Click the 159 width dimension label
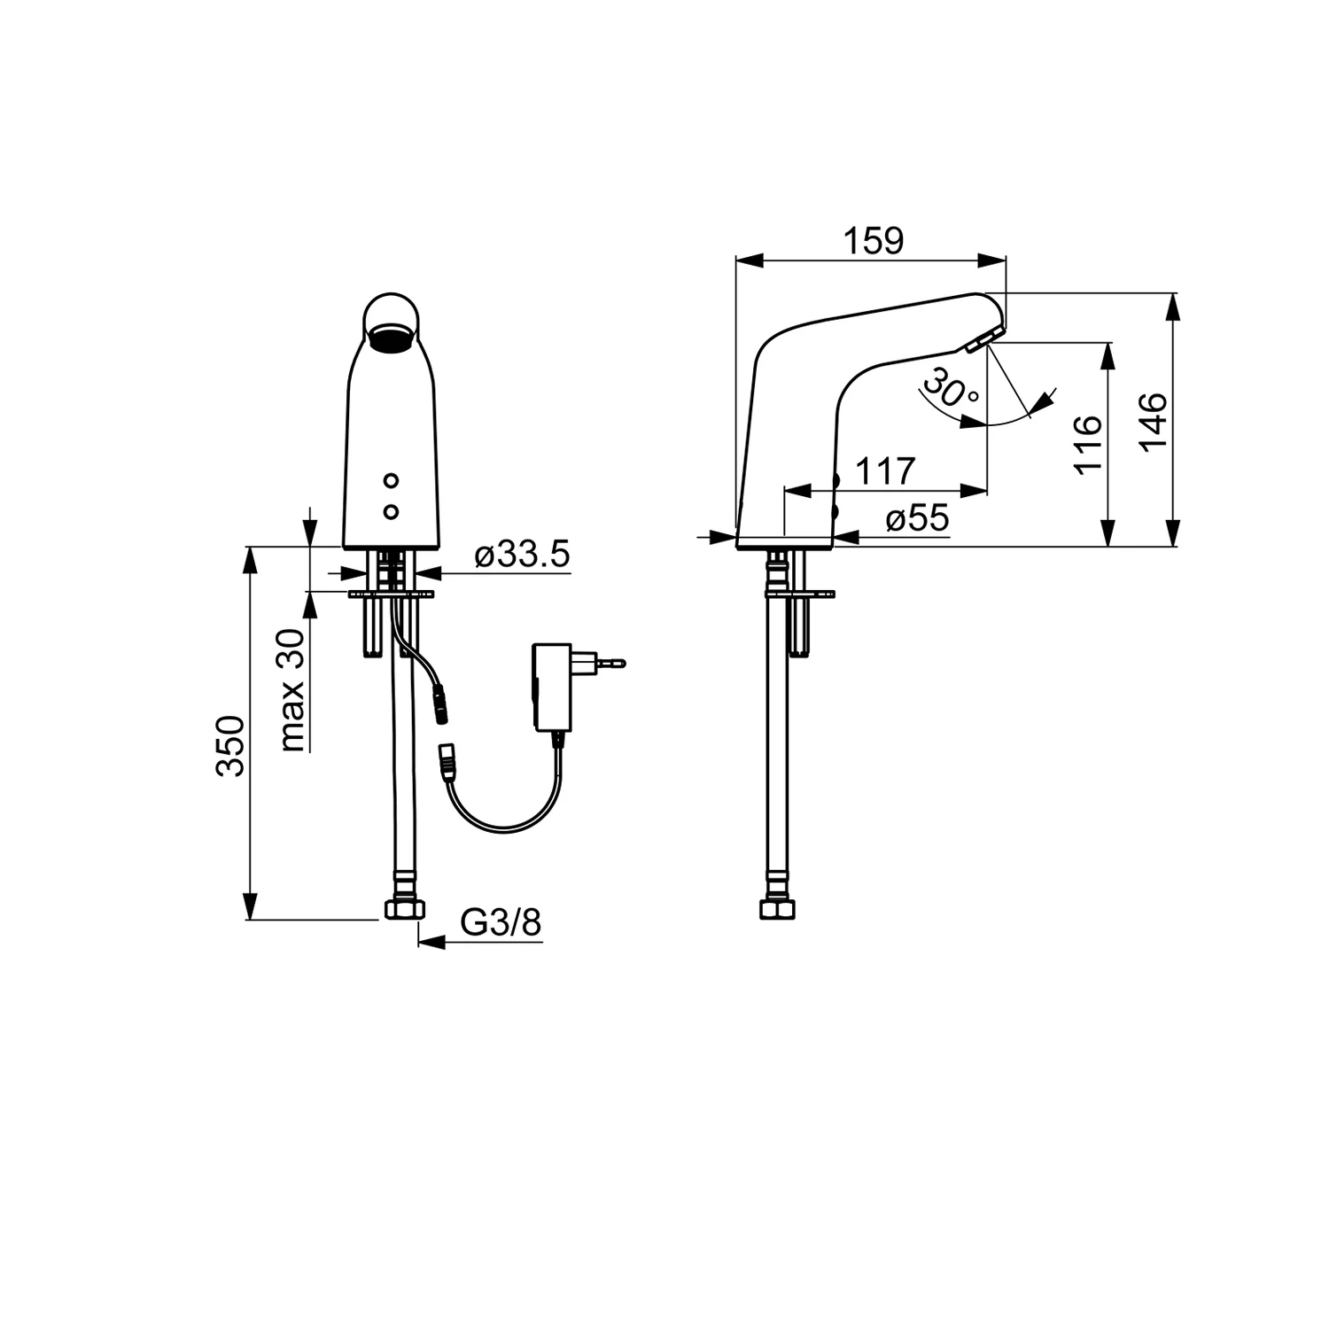pos(874,241)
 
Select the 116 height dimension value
pos(1088,444)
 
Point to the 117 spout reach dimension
pos(886,471)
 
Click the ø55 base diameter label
pos(917,518)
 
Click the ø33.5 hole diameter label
pos(522,556)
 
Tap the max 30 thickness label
pos(293,690)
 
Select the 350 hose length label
pos(230,745)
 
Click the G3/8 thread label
pos(501,923)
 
